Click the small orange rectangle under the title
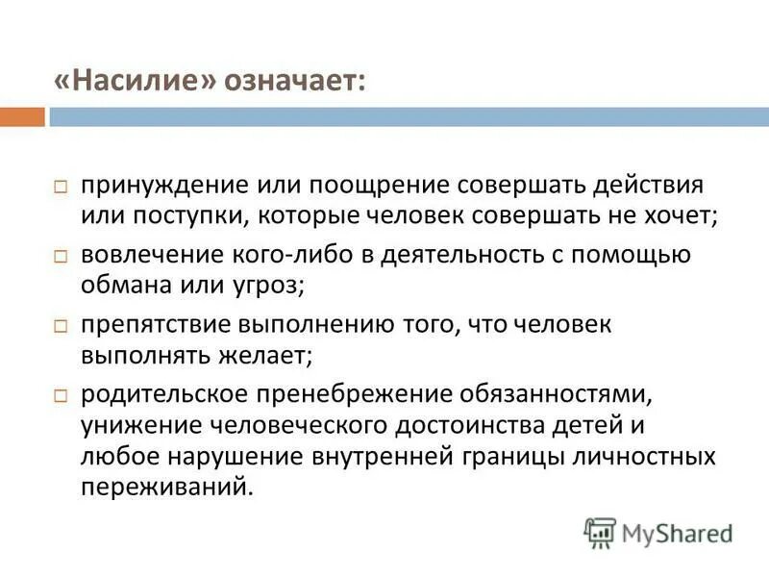(x=22, y=117)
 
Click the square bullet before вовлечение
(x=60, y=257)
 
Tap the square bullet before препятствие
(x=60, y=327)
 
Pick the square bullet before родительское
(x=60, y=397)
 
